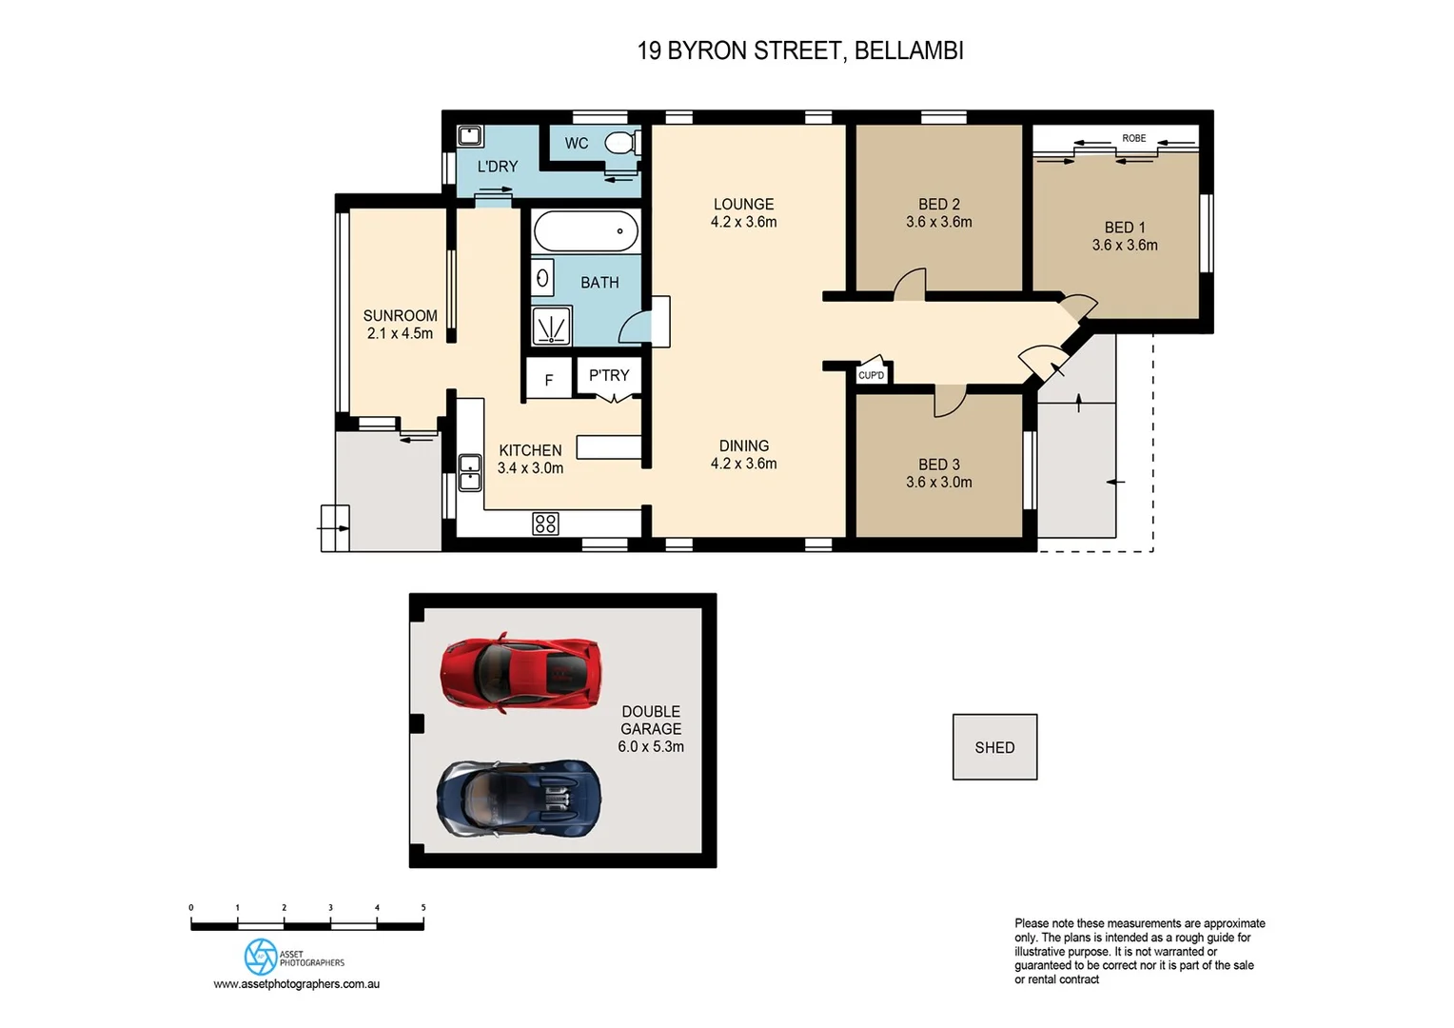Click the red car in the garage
coord(521,672)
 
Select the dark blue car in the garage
coord(519,798)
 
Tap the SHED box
coord(994,747)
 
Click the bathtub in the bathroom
coord(585,231)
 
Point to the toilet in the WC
coord(620,144)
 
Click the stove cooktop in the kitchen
coord(545,523)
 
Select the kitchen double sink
coord(469,472)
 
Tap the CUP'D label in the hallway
coord(871,375)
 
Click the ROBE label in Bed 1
coord(1133,138)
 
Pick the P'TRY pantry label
coord(608,375)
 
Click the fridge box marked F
coord(548,380)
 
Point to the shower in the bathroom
coord(551,326)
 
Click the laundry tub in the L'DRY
coord(469,135)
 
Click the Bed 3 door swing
coord(949,401)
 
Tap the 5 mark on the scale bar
coord(423,908)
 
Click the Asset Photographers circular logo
coord(260,957)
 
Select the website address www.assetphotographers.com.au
coord(296,984)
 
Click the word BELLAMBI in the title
coord(909,50)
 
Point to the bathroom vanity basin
coord(542,278)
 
